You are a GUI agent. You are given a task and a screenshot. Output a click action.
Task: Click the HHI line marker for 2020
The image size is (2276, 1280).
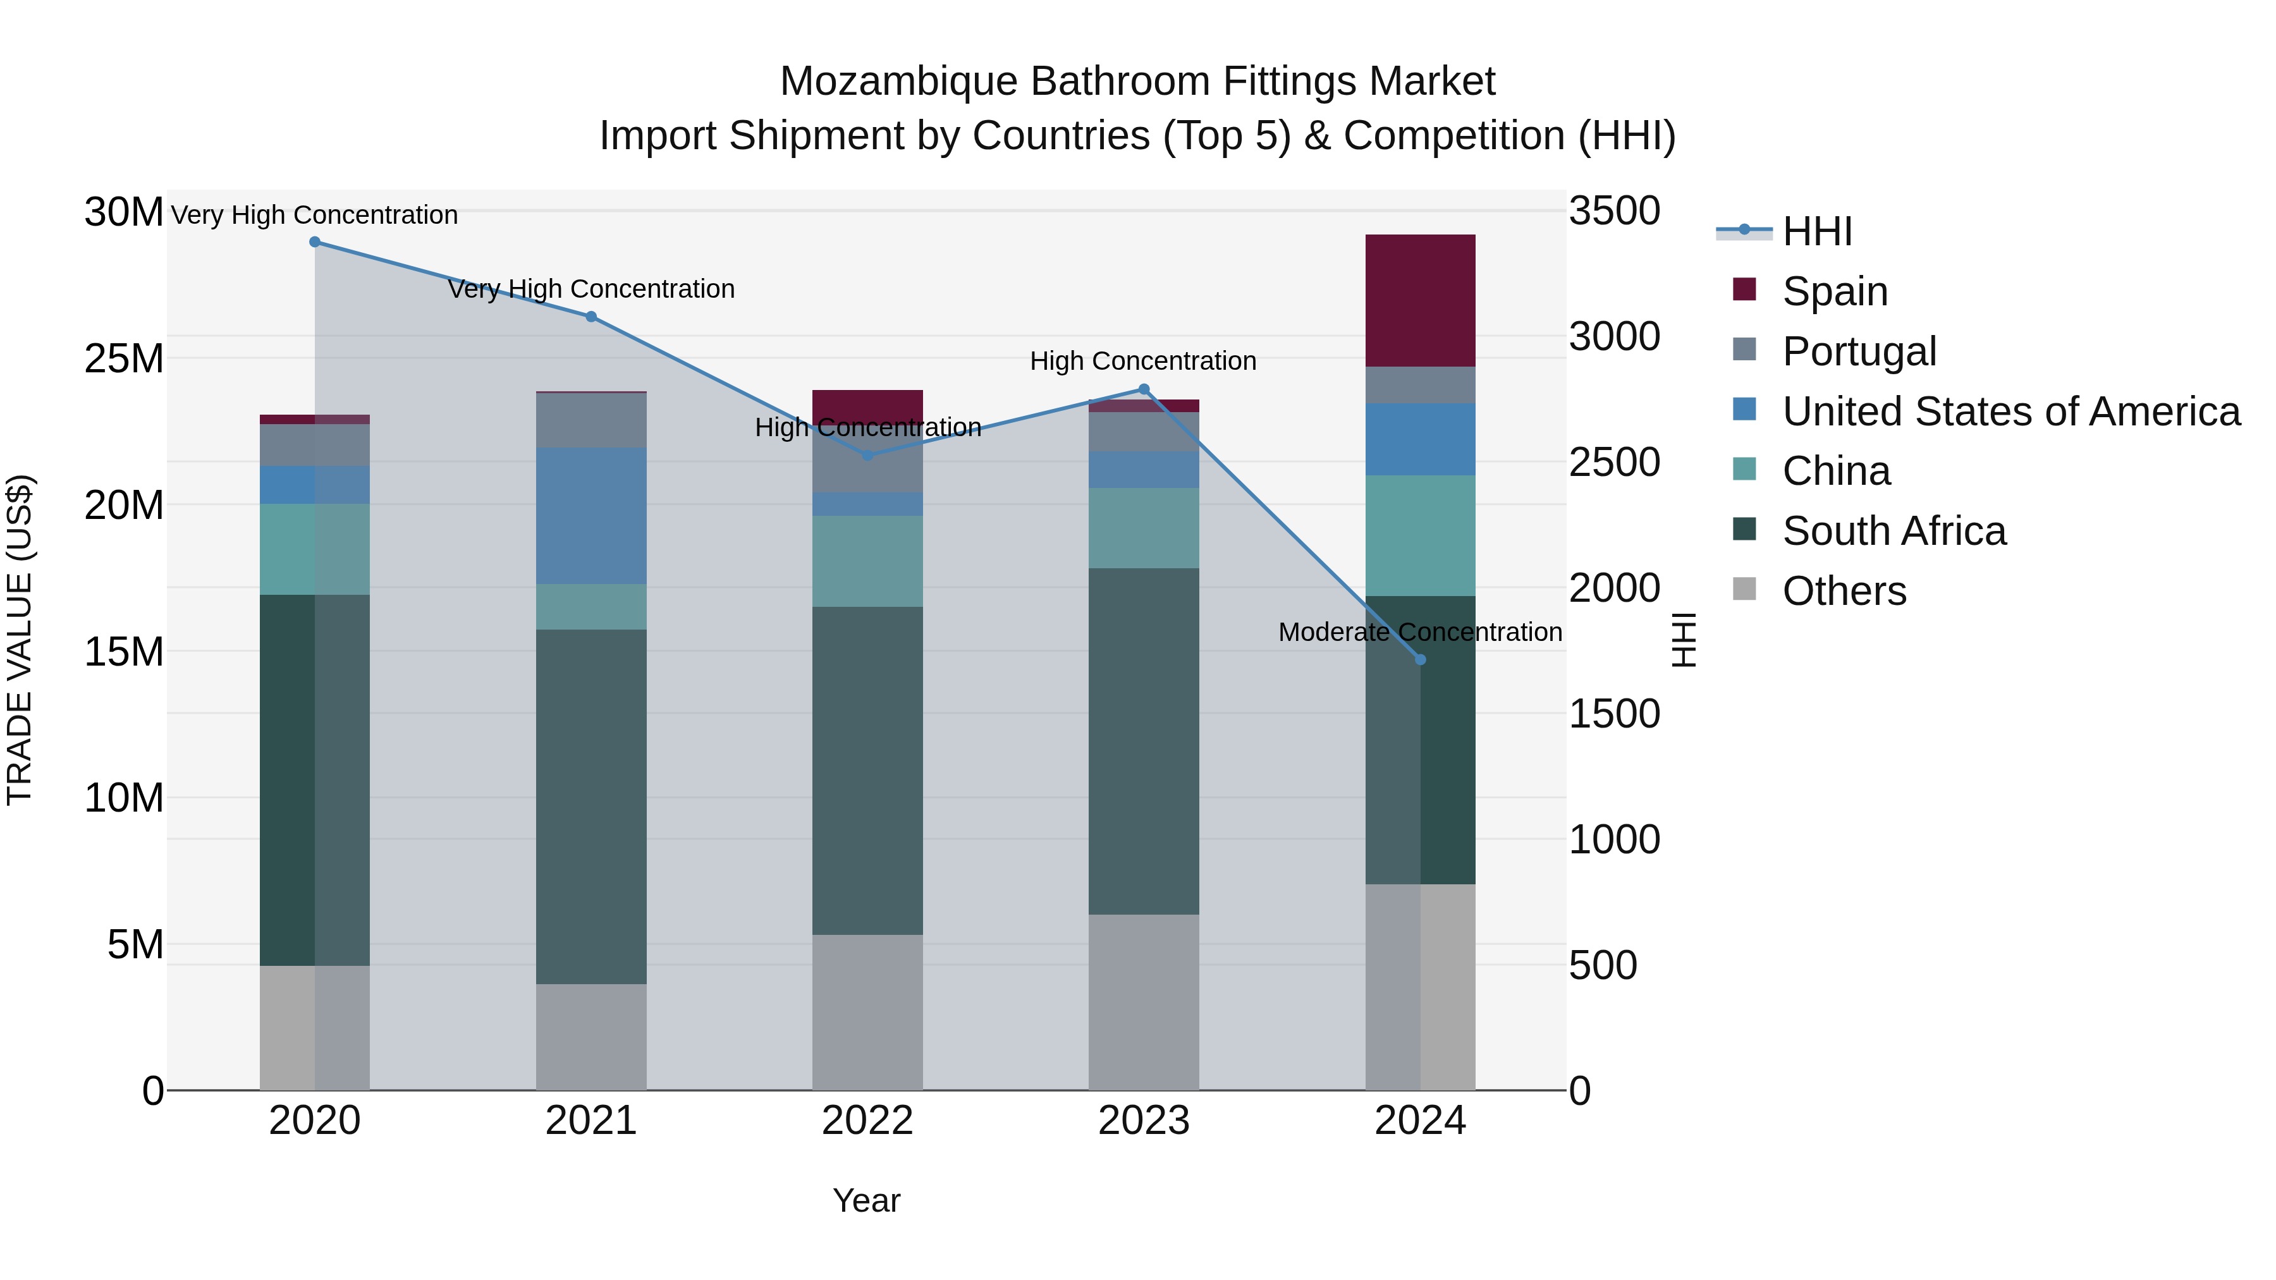[315, 242]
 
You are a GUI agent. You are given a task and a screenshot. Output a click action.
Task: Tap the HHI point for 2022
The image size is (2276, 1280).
[867, 456]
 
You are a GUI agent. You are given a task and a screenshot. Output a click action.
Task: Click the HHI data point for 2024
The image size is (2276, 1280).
[1420, 660]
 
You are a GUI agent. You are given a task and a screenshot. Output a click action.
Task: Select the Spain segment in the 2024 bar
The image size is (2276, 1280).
[1420, 300]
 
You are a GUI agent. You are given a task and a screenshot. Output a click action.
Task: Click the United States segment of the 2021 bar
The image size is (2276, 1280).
[591, 516]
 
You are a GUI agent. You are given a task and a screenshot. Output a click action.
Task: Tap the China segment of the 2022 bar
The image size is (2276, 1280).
[867, 561]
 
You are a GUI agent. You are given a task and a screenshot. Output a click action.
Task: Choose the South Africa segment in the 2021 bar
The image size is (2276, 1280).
[591, 806]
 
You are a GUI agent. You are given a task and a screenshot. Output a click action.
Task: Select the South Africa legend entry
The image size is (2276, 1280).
[1894, 532]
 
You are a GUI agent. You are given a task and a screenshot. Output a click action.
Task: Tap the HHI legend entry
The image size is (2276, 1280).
[1816, 231]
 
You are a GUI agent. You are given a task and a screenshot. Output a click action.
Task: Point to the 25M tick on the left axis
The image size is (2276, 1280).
[125, 358]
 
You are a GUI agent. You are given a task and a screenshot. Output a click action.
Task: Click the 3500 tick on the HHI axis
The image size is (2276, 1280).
[1614, 212]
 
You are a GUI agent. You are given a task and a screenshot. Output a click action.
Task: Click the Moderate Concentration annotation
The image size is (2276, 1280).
[1420, 633]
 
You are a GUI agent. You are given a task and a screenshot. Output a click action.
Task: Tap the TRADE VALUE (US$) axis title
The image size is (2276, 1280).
[20, 640]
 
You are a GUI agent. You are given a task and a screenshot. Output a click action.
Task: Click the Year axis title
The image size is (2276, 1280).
[866, 1200]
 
